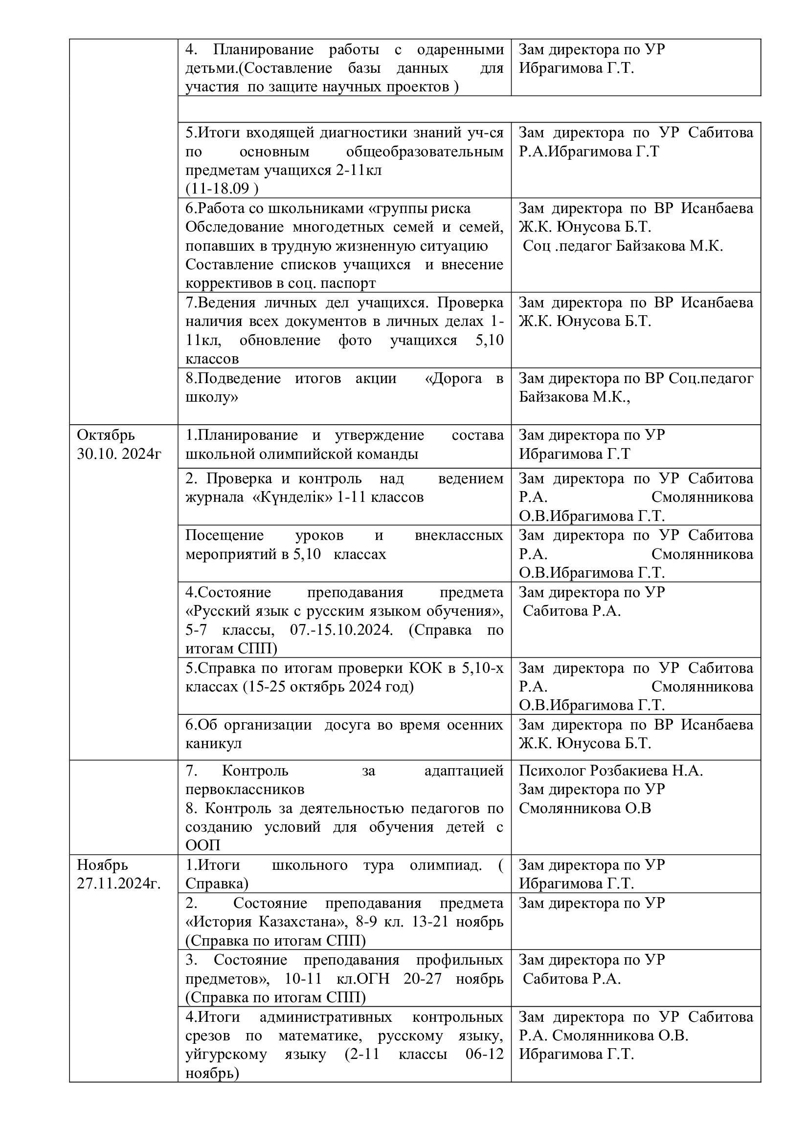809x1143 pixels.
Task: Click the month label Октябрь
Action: click(106, 435)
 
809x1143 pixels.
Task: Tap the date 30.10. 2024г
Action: click(119, 454)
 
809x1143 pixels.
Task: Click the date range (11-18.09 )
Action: click(222, 189)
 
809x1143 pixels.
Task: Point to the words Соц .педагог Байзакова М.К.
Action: click(623, 246)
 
